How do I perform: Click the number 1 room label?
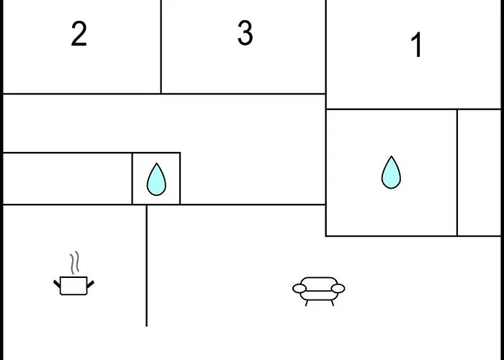(416, 46)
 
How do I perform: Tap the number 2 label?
(79, 34)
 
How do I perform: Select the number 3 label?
(245, 33)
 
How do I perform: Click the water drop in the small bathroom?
(156, 180)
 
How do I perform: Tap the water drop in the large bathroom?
(391, 173)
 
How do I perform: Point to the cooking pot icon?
(73, 285)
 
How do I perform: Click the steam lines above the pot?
(74, 262)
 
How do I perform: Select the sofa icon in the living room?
(318, 289)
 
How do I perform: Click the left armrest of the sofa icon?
(299, 289)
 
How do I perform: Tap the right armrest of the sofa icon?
(338, 289)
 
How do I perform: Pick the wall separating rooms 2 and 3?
(161, 47)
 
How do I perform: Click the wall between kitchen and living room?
(147, 266)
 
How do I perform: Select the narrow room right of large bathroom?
(479, 173)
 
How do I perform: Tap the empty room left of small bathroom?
(67, 179)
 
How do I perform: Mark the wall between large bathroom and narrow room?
(457, 173)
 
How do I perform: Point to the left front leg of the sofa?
(307, 302)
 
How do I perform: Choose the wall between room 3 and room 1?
(326, 47)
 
